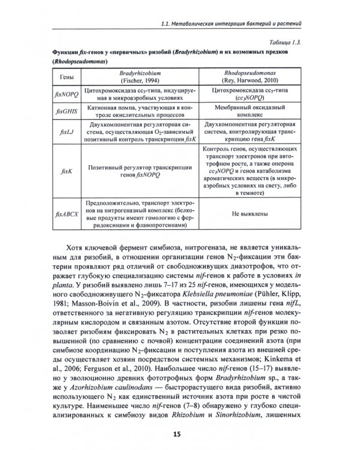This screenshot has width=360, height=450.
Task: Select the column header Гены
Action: click(63, 79)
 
